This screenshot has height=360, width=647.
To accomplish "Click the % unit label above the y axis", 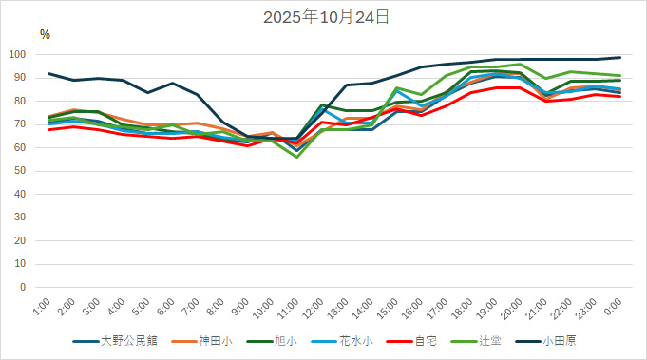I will pos(45,34).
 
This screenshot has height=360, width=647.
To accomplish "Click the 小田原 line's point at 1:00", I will pos(49,73).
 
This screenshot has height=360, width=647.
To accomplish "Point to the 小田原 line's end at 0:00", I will pos(620,57).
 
